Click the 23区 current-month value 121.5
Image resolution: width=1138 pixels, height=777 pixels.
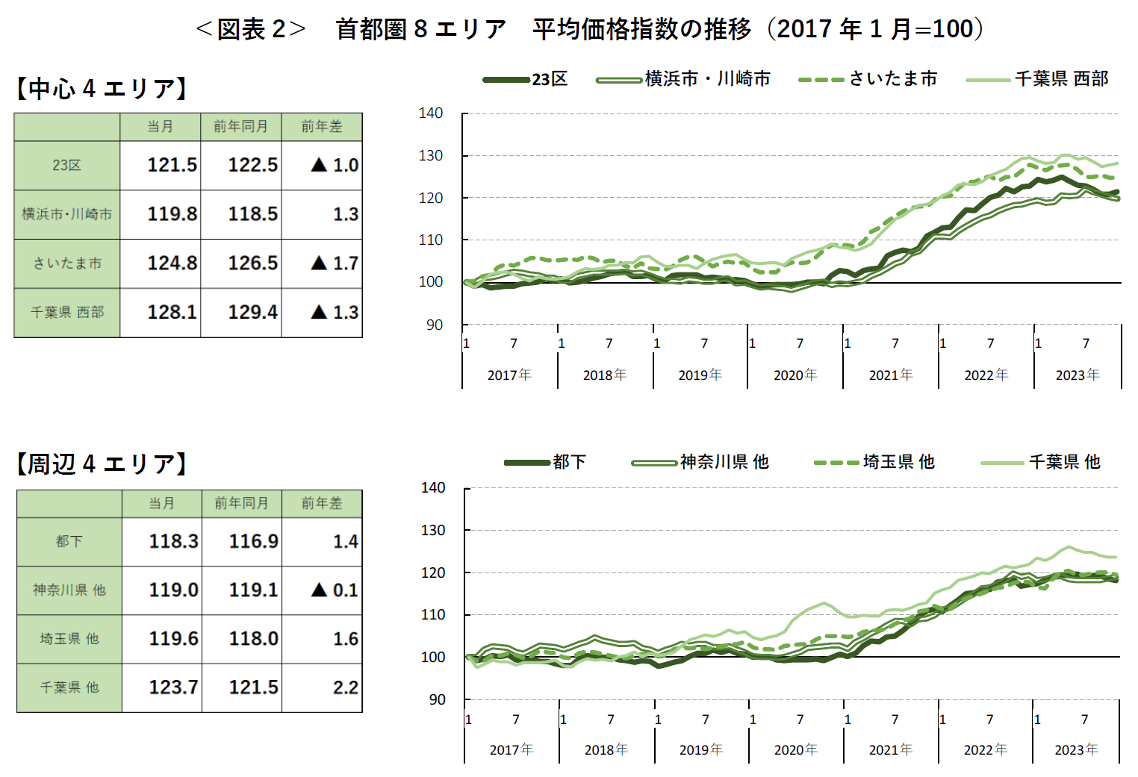click(172, 165)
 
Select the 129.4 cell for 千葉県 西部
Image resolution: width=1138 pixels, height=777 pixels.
click(252, 312)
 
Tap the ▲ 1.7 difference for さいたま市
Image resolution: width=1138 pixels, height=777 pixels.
click(335, 263)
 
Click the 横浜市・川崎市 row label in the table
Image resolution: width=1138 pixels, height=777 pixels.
click(67, 214)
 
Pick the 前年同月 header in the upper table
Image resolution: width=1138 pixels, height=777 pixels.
click(240, 127)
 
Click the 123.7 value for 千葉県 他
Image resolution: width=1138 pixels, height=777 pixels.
click(173, 687)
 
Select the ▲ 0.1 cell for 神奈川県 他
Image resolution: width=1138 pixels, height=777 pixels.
click(335, 590)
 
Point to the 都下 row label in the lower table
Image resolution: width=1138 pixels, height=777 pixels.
click(69, 541)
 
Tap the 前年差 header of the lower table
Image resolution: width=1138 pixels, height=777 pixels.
click(322, 504)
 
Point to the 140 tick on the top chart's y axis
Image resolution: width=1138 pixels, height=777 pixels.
click(431, 113)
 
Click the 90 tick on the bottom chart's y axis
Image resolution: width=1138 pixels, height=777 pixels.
click(437, 700)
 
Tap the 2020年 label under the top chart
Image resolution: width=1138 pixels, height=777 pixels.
click(795, 375)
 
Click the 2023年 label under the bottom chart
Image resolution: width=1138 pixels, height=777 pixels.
click(1076, 750)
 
